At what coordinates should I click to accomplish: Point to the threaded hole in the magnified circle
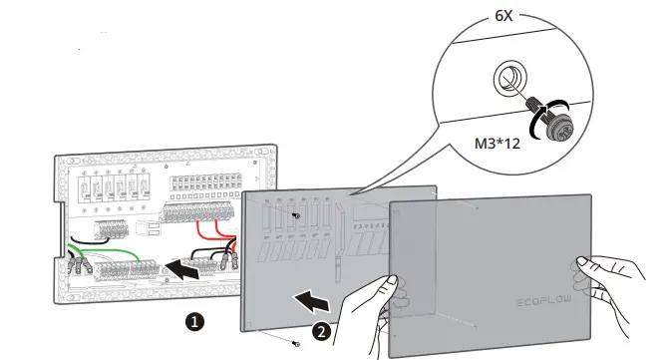[506, 79]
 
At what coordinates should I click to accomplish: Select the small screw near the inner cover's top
[295, 214]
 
